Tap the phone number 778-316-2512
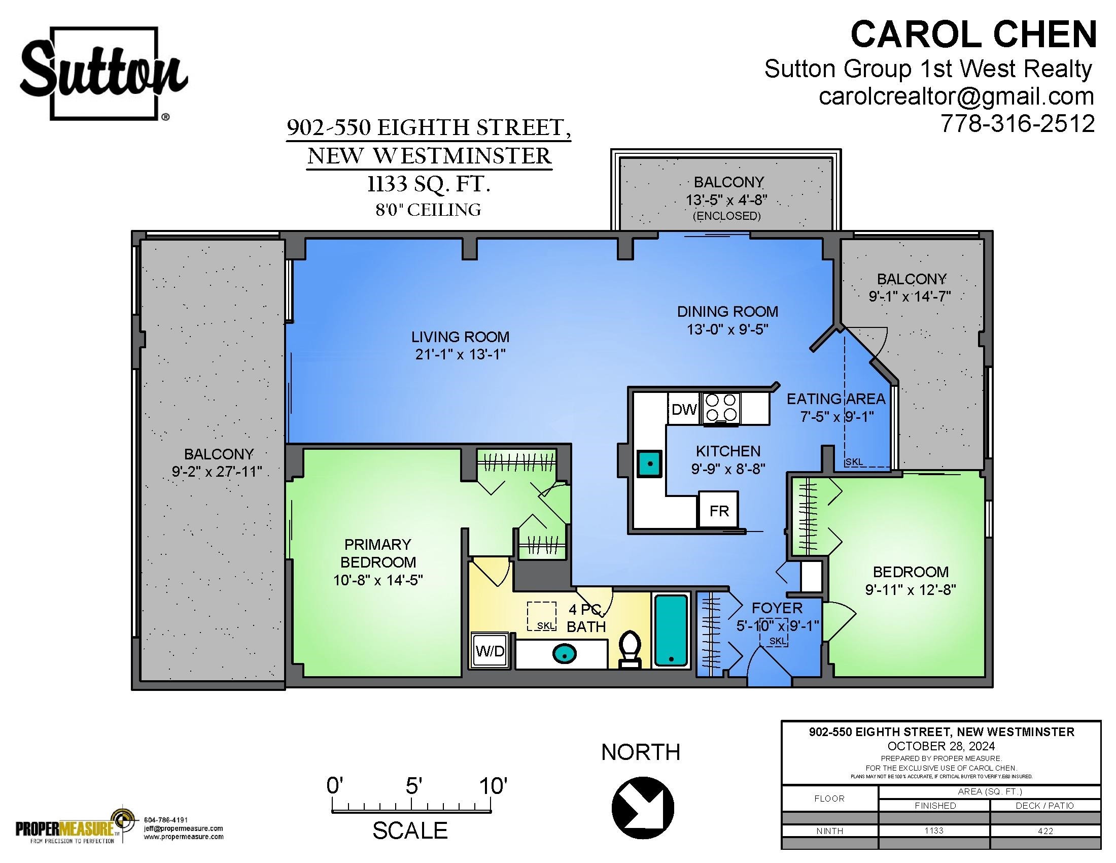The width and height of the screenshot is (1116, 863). click(x=1018, y=123)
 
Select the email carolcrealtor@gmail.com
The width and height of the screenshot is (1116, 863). click(x=957, y=96)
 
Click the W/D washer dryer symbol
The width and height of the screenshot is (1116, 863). click(x=491, y=651)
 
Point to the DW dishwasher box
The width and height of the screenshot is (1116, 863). click(x=684, y=409)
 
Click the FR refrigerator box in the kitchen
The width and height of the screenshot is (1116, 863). click(x=718, y=510)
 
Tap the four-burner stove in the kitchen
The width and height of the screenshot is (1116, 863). click(x=721, y=408)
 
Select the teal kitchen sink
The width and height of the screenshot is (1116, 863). click(x=649, y=463)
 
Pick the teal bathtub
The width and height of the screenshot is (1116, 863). click(x=671, y=630)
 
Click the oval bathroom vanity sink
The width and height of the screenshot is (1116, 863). click(x=564, y=653)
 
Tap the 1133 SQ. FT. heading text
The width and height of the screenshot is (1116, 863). click(x=429, y=184)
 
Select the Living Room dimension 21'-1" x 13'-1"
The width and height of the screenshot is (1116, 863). click(x=460, y=354)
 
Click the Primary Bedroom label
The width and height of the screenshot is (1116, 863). click(x=378, y=553)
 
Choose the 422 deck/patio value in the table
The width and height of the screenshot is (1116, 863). click(x=1045, y=831)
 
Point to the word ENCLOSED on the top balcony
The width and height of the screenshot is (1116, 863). click(x=726, y=216)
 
